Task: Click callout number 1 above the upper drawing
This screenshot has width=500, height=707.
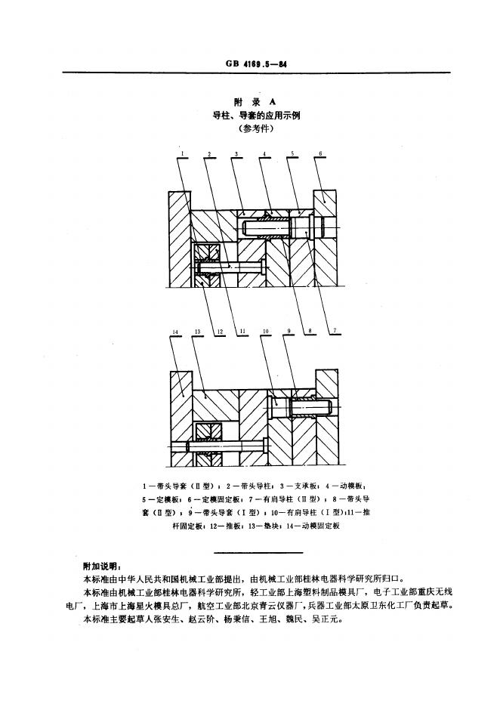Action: pyautogui.click(x=182, y=154)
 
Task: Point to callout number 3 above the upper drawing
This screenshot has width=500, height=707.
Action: pyautogui.click(x=236, y=154)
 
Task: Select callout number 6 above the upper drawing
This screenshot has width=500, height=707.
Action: pyautogui.click(x=320, y=154)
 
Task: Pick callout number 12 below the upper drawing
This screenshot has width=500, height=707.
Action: pyautogui.click(x=218, y=330)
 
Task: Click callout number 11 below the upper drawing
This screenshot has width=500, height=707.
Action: pyautogui.click(x=242, y=330)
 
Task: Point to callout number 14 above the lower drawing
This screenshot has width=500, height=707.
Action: pyautogui.click(x=175, y=331)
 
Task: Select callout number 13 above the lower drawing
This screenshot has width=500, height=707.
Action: pyautogui.click(x=196, y=331)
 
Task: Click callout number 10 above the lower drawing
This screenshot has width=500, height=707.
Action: pyautogui.click(x=265, y=331)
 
